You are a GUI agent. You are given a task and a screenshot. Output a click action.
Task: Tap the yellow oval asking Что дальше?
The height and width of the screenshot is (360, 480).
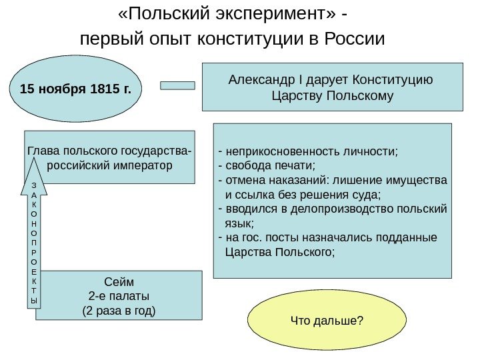pyautogui.click(x=327, y=322)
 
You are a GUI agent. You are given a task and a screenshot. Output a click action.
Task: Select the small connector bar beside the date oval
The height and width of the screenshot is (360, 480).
pyautogui.click(x=178, y=85)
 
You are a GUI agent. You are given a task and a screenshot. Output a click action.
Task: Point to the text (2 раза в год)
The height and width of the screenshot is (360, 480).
pyautogui.click(x=118, y=310)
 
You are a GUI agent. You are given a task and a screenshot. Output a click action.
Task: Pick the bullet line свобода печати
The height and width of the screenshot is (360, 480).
pyautogui.click(x=269, y=166)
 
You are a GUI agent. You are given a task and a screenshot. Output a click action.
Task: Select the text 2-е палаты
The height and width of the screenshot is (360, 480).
pyautogui.click(x=119, y=295)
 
